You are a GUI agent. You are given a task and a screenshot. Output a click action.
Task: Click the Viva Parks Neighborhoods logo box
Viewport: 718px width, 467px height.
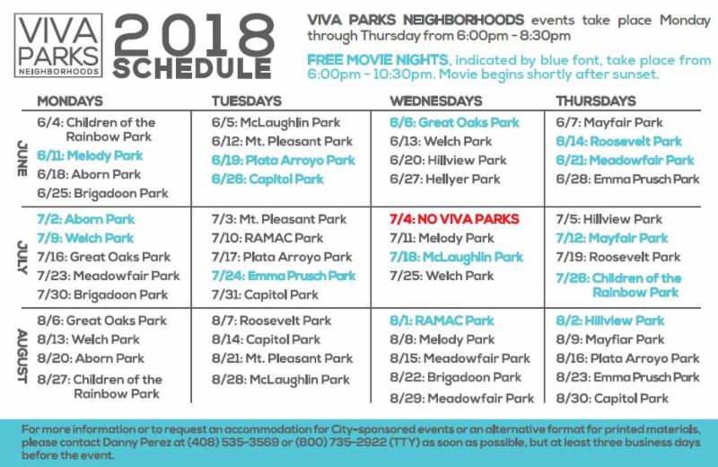58,45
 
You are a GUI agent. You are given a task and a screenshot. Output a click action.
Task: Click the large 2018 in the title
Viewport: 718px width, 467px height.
194,35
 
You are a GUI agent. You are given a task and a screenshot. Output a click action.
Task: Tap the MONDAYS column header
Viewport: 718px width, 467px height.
70,101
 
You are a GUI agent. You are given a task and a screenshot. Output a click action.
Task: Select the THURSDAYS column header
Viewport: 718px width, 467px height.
596,101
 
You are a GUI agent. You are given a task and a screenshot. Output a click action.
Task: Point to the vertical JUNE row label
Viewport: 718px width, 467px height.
22,159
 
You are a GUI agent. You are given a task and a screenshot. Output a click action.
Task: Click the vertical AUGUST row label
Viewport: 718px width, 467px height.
22,356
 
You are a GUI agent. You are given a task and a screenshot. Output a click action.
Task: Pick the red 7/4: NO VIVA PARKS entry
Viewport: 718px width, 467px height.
454,219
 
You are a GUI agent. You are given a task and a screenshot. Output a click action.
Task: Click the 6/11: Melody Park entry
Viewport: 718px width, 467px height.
91,156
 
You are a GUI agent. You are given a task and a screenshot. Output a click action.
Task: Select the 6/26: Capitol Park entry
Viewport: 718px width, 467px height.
267,179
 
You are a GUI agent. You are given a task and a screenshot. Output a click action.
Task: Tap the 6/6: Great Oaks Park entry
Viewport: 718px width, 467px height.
454,122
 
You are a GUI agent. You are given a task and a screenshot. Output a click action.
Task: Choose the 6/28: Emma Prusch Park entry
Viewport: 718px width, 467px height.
627,179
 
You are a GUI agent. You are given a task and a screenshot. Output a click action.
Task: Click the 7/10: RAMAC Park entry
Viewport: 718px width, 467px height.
267,238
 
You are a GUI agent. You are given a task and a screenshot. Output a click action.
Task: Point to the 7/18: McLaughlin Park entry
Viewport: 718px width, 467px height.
456,257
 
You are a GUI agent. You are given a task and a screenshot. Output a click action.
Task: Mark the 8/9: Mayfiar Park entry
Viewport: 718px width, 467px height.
610,339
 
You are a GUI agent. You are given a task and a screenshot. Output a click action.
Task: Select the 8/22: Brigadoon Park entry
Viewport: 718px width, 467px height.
456,377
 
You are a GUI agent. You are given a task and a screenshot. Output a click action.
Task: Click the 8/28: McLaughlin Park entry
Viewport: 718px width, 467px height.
281,380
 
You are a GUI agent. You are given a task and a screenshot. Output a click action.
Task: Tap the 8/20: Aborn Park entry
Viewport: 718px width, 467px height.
91,358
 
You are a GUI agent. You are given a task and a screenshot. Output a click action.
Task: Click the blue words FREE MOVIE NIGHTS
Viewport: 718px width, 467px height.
377,60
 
